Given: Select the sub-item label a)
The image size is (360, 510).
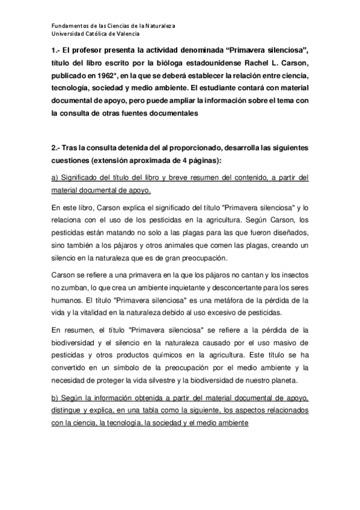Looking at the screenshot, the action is point(55,177).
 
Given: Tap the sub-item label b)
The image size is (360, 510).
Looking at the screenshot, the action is point(55,399).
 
